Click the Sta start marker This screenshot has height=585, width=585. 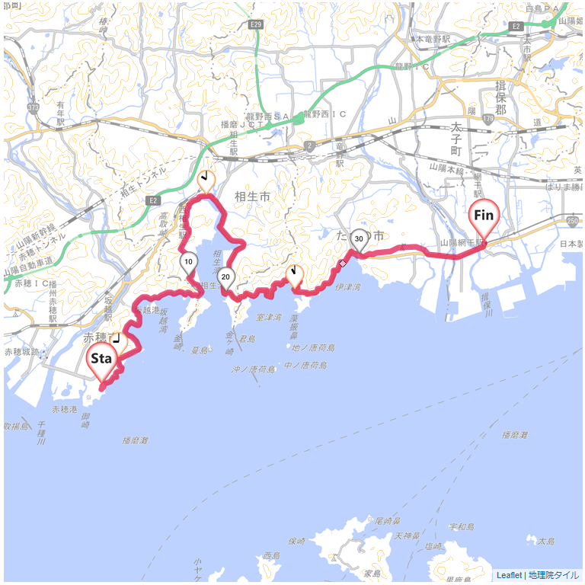tap(102, 360)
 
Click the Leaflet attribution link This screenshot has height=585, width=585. tap(509, 576)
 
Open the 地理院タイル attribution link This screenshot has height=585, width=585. tap(554, 576)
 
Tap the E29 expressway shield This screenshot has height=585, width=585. tap(257, 26)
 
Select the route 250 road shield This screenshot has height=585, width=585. tap(573, 220)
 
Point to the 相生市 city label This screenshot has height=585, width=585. tap(253, 197)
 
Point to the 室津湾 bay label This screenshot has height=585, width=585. tap(269, 316)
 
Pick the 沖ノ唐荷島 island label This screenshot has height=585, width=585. tap(254, 369)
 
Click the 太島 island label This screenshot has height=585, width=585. tap(546, 541)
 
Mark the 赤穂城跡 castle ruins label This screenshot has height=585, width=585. tap(21, 352)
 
